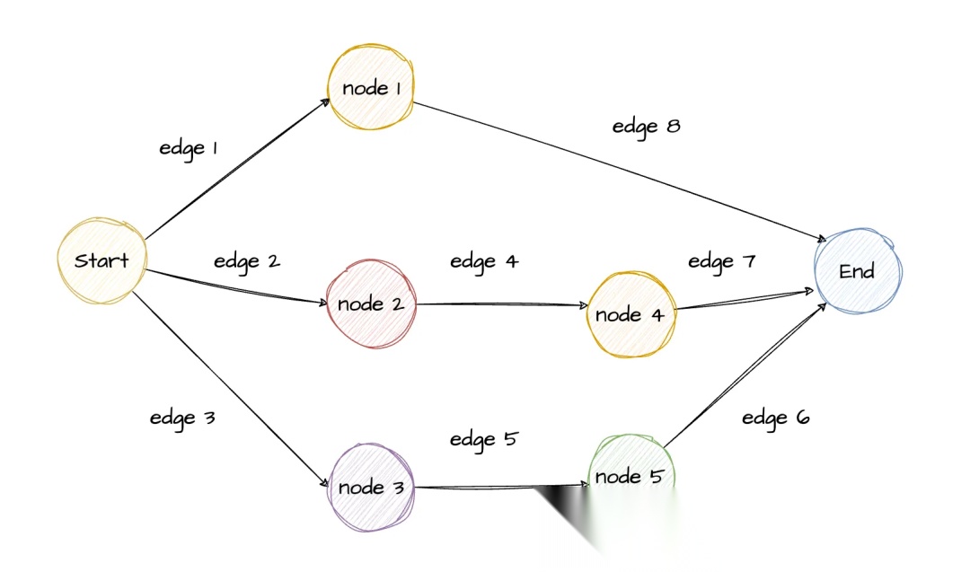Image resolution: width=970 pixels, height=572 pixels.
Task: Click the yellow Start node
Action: (x=101, y=261)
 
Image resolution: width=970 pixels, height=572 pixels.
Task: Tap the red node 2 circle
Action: (x=371, y=304)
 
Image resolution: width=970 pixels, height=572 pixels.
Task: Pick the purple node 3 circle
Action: (x=371, y=488)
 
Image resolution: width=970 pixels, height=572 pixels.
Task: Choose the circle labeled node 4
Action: (x=630, y=314)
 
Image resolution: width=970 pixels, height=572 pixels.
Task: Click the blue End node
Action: (x=857, y=271)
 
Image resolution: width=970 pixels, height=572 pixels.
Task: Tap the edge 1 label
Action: (x=189, y=148)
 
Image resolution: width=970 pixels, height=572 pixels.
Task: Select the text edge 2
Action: (x=247, y=261)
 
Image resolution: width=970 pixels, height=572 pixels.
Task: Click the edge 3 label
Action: (x=182, y=418)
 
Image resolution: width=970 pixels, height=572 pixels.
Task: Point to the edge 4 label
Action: (x=484, y=261)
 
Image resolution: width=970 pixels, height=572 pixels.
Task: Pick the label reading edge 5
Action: (x=484, y=439)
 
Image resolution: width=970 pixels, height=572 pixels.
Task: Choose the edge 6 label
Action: (x=776, y=418)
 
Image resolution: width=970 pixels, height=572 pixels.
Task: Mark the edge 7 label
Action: (x=722, y=261)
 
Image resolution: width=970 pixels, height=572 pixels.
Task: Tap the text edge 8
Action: (x=646, y=127)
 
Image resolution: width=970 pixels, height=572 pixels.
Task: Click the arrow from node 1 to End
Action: (x=620, y=172)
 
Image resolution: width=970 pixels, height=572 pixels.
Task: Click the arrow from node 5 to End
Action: (x=745, y=374)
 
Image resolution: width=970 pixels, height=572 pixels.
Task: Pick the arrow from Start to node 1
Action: (x=235, y=170)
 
